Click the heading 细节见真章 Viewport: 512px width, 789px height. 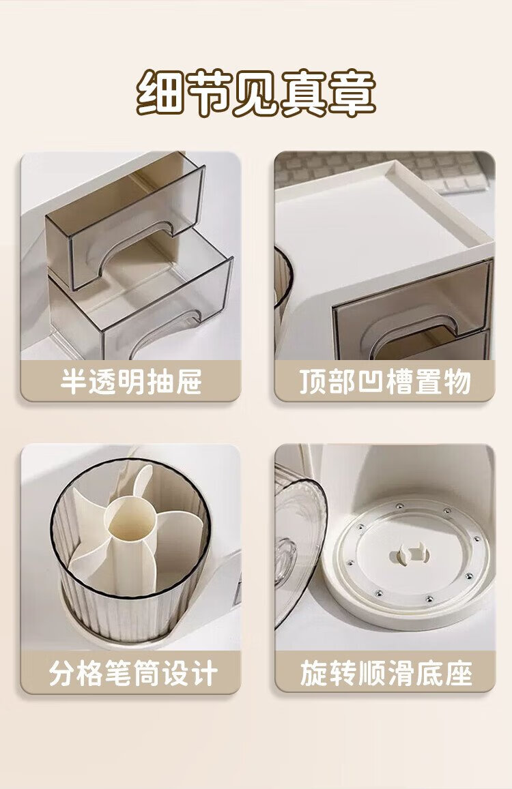click(256, 94)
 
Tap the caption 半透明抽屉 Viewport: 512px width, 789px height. click(130, 381)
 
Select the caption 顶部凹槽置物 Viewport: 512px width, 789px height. click(385, 381)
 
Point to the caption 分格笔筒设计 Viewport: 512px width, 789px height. click(133, 673)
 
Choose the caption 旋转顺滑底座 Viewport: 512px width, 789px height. click(386, 673)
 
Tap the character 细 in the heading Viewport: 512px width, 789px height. click(160, 94)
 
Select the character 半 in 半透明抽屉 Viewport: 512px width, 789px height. click(74, 381)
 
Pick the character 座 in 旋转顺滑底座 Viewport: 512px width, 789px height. click(459, 673)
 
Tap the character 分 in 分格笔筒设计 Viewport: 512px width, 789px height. click(62, 673)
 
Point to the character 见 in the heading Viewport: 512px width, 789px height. click(256, 94)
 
